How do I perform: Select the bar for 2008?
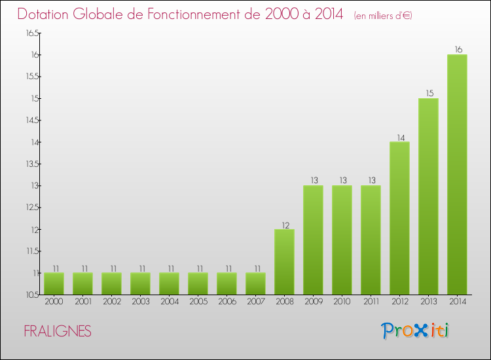(x=284, y=262)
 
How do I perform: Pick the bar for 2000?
(x=54, y=283)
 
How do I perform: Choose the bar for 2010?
(x=342, y=240)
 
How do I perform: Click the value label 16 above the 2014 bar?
(x=458, y=50)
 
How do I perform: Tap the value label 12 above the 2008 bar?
(x=284, y=225)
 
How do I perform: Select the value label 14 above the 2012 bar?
(x=399, y=137)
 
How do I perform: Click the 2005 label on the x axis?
(x=198, y=302)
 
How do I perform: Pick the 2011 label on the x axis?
(x=371, y=302)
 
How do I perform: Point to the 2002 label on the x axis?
(x=111, y=302)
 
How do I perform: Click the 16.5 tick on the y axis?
(x=32, y=33)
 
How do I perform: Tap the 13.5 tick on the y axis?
(x=32, y=164)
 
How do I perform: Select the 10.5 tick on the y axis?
(x=32, y=295)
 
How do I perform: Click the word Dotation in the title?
(x=48, y=14)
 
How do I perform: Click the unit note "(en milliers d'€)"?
(x=383, y=15)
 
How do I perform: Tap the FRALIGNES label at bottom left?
(x=58, y=331)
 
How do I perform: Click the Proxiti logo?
(x=415, y=331)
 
